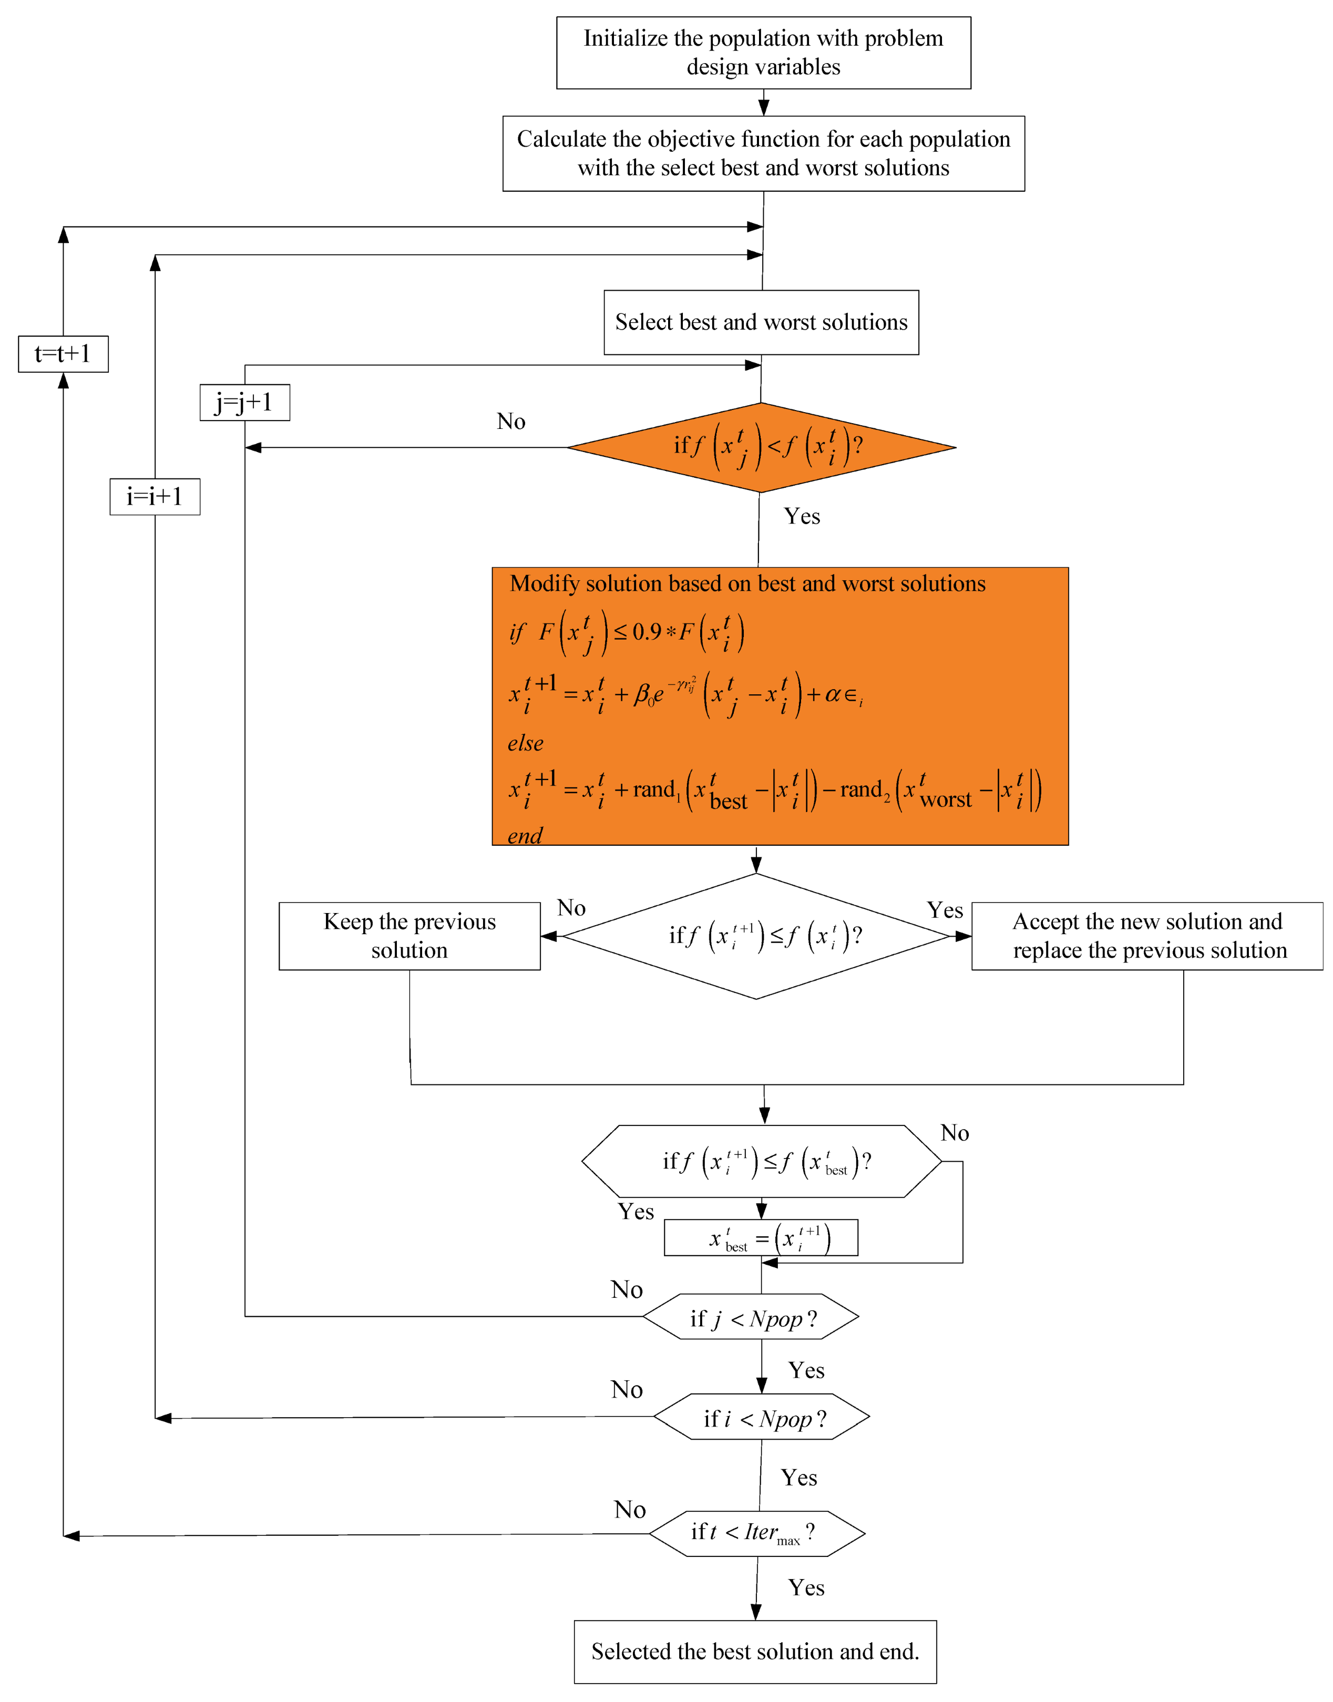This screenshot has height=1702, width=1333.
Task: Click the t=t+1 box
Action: pos(63,354)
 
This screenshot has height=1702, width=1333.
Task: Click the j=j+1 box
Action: pos(244,403)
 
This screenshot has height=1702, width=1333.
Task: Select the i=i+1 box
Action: pos(155,496)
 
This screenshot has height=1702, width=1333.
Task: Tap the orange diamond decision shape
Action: pos(761,447)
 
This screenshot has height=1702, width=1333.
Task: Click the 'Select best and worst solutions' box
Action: pos(761,322)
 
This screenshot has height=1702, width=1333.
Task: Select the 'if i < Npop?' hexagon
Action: pos(761,1418)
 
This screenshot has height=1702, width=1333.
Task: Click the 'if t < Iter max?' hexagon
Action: pos(756,1533)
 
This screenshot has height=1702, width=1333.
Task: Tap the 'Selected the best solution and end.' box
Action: pos(755,1651)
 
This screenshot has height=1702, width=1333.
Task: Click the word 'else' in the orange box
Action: pos(525,743)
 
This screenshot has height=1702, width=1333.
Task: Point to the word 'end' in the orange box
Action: pos(525,836)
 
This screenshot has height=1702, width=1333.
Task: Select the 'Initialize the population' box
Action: pos(763,52)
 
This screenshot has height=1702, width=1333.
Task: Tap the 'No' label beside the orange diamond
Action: pos(511,422)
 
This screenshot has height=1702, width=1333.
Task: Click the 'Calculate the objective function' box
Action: pos(763,153)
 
